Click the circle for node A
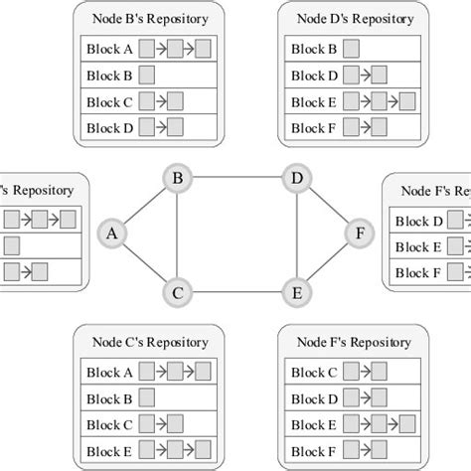[112, 234]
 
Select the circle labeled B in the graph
[178, 179]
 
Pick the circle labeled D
[294, 179]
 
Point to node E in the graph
[294, 292]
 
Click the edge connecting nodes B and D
[235, 179]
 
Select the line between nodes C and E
[235, 292]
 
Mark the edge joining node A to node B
[145, 207]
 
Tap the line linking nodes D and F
[327, 207]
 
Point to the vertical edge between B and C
[178, 235]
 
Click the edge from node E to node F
[327, 263]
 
